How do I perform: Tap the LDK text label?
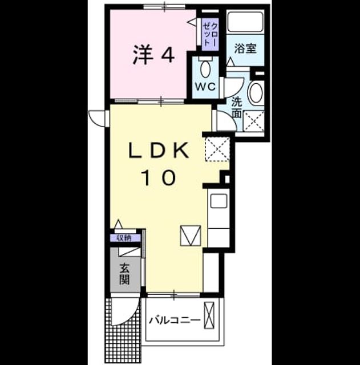click(x=159, y=151)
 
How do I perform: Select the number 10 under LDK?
click(x=160, y=177)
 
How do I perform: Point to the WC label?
click(x=205, y=87)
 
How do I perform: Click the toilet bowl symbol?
click(x=205, y=68)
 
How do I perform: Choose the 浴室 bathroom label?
click(x=245, y=48)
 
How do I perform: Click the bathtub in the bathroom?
click(x=245, y=22)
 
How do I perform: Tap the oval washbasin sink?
click(x=256, y=92)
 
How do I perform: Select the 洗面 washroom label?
click(x=237, y=108)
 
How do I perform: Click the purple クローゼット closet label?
click(x=211, y=34)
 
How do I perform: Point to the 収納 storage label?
click(x=124, y=238)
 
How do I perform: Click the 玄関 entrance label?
click(x=124, y=274)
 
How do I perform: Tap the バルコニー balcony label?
click(x=175, y=321)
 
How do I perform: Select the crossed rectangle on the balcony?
click(x=209, y=315)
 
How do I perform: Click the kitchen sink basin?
click(x=219, y=201)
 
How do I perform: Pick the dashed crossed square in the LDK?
click(x=217, y=149)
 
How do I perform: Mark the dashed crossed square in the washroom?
click(x=253, y=121)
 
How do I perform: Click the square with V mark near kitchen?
click(x=190, y=236)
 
